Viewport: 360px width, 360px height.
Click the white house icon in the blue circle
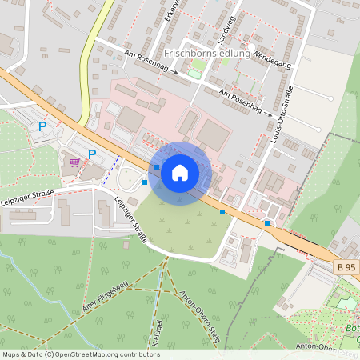pyautogui.click(x=180, y=172)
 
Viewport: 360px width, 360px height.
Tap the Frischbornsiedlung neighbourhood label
pyautogui.click(x=206, y=54)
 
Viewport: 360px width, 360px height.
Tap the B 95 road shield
pyautogui.click(x=346, y=266)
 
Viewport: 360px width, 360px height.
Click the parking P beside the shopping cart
pyautogui.click(x=92, y=154)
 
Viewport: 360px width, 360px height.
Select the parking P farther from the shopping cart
pyautogui.click(x=42, y=126)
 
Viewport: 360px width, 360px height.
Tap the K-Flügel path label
pyautogui.click(x=154, y=335)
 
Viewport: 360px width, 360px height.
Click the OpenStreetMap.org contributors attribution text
pyautogui.click(x=104, y=354)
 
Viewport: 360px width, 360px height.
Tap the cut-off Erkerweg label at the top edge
pyautogui.click(x=169, y=10)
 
